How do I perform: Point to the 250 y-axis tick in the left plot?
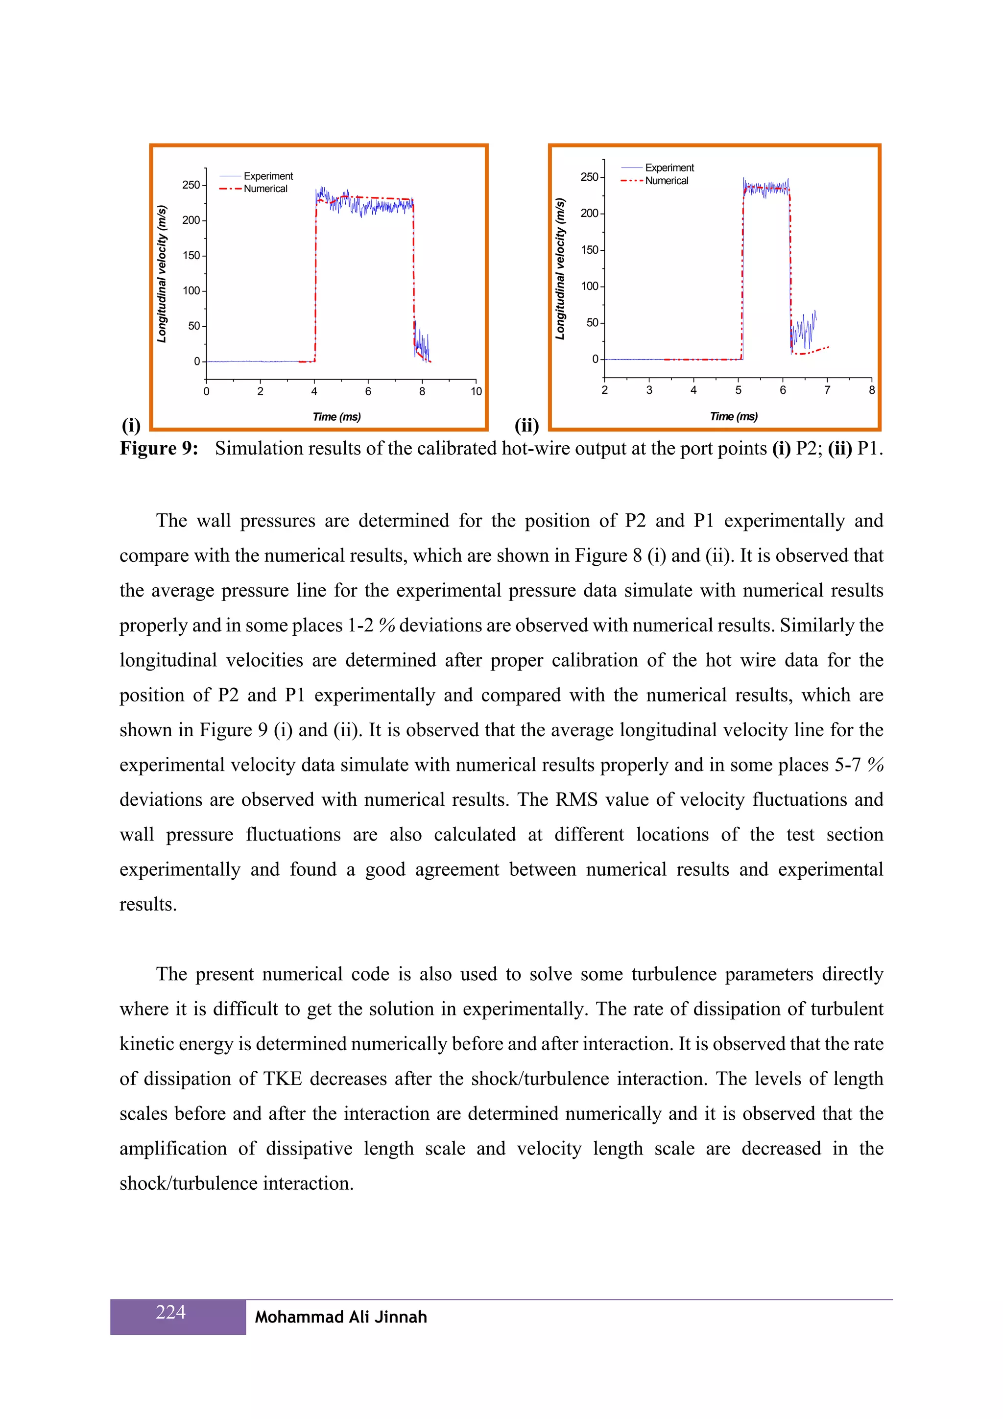click(191, 185)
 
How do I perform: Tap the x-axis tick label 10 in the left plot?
click(476, 391)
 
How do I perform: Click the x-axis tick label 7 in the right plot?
click(827, 390)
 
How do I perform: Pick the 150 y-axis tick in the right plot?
click(590, 250)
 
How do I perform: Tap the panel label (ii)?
click(526, 425)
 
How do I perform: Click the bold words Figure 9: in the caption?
click(159, 448)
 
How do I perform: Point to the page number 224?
click(170, 1311)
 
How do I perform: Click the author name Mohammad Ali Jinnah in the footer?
click(341, 1317)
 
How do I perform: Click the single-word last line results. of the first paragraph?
click(148, 905)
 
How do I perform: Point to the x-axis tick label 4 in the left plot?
click(314, 391)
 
